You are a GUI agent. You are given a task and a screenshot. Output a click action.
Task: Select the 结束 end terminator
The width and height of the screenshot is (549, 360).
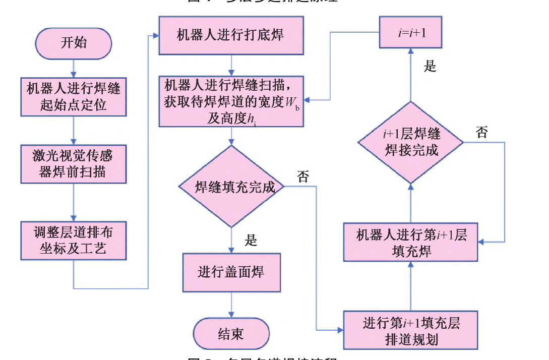231,334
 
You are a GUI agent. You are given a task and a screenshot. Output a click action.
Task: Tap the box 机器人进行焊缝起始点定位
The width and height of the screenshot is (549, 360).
74,97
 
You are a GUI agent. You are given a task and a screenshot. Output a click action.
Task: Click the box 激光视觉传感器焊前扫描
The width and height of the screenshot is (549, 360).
74,164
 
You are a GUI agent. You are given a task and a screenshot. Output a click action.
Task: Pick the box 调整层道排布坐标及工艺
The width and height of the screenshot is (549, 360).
74,239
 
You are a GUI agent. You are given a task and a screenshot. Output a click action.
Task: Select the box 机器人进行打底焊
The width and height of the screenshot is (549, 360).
231,35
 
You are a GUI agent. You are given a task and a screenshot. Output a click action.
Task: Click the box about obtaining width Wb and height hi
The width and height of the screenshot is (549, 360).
231,101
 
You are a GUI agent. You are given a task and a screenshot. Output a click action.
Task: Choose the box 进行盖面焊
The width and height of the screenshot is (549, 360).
231,273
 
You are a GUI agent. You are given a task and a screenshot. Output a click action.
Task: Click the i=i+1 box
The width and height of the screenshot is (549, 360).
410,34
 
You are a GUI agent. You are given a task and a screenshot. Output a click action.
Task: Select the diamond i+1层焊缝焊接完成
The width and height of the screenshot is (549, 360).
411,142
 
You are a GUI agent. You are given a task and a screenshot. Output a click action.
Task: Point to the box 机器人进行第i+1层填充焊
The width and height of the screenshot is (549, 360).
411,243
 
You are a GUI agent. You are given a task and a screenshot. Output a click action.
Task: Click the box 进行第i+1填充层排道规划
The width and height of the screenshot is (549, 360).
411,330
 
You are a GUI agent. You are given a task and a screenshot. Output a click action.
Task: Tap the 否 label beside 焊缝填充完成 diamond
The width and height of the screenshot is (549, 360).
303,176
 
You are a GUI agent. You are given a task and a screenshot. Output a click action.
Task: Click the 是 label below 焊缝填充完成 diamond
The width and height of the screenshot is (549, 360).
251,241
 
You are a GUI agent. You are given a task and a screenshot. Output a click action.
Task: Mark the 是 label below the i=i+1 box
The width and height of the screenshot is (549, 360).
430,67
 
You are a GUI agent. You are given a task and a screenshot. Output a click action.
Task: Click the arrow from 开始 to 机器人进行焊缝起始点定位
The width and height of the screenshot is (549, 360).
74,68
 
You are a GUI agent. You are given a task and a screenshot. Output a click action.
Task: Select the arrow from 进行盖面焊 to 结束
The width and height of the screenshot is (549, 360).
231,305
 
